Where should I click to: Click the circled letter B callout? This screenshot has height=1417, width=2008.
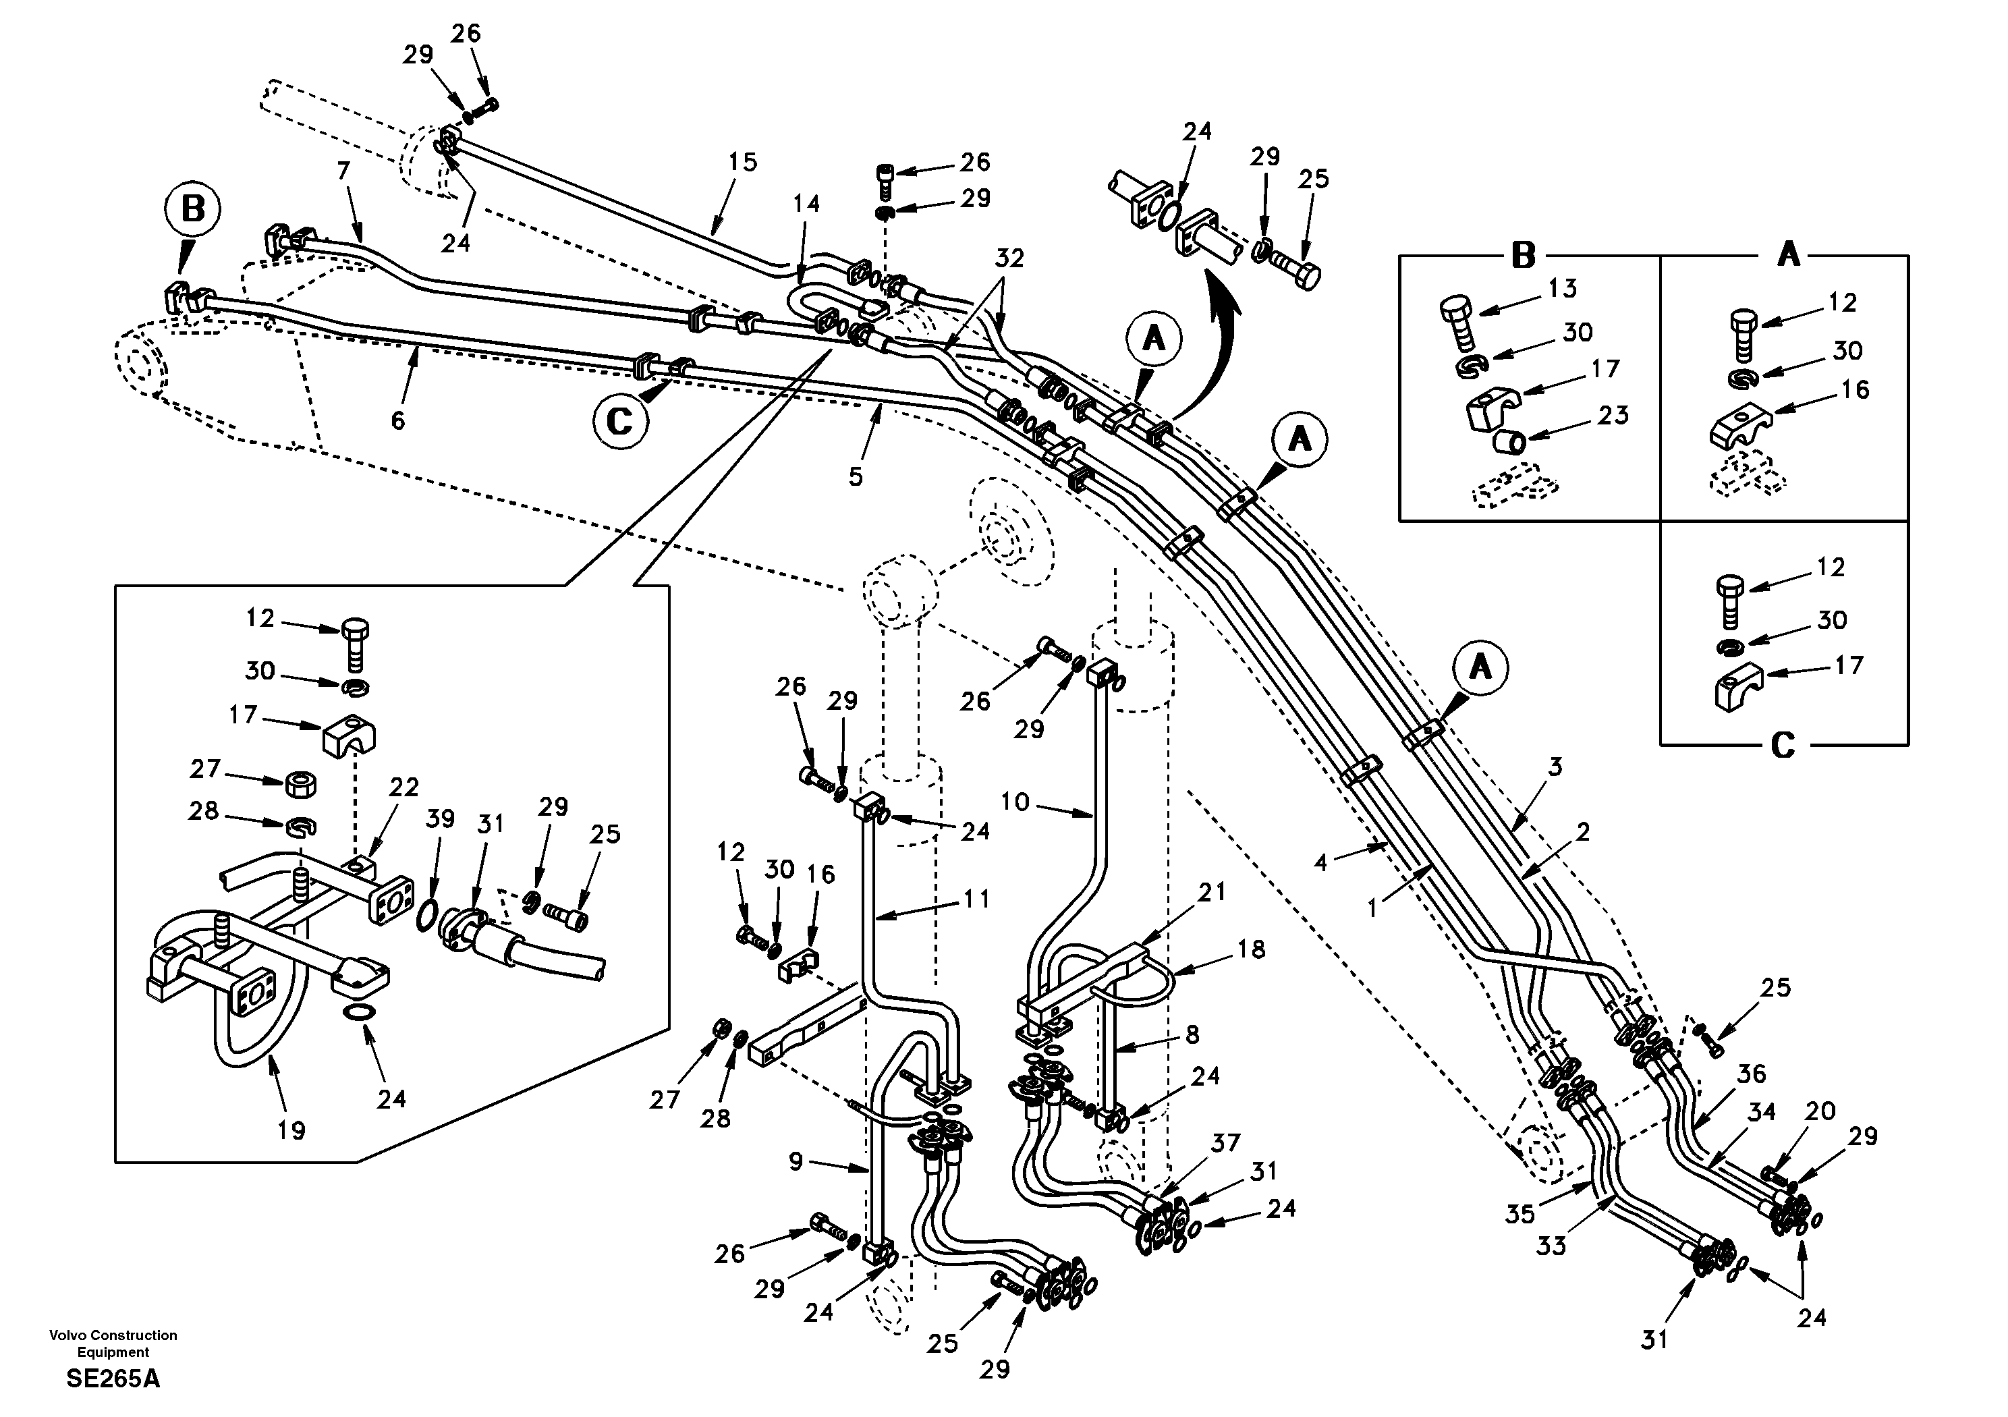tap(192, 211)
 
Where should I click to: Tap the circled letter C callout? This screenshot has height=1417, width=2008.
tap(619, 422)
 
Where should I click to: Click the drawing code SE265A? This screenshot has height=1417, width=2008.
tap(113, 1379)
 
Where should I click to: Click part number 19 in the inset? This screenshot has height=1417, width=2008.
tap(291, 1130)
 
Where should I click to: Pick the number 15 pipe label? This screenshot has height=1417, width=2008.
tap(742, 163)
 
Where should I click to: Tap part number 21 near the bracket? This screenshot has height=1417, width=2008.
tap(1212, 892)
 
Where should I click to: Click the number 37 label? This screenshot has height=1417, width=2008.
tap(1226, 1142)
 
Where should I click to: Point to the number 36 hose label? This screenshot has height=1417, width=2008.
tap(1751, 1074)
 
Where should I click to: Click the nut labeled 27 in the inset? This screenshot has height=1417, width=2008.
tap(301, 783)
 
